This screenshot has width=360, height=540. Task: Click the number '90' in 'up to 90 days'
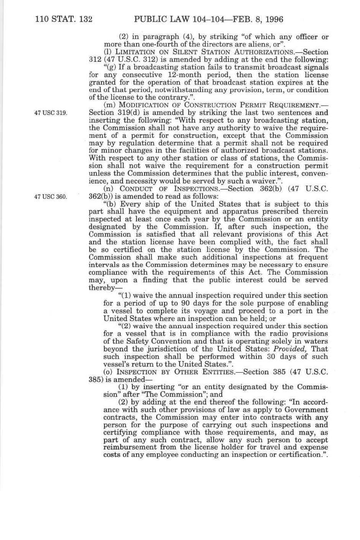point(163,303)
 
